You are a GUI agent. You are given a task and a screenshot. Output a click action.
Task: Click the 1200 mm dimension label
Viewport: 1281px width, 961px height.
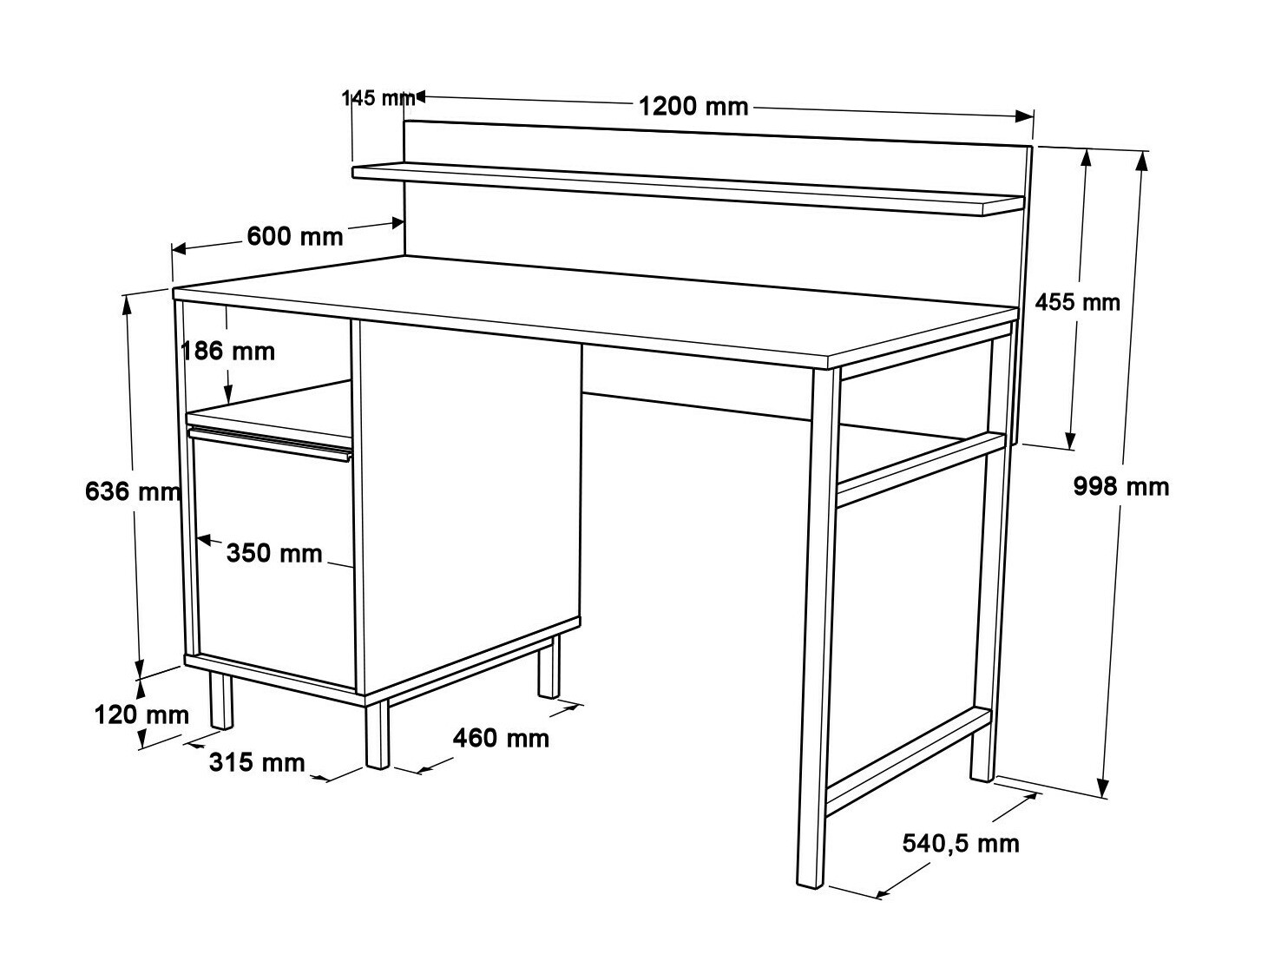(693, 106)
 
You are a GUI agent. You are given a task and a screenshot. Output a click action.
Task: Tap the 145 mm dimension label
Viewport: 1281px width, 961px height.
(378, 97)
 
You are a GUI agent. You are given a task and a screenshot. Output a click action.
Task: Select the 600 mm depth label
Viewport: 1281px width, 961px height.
(295, 236)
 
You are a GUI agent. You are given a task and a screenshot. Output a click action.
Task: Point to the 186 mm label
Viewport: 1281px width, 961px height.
(228, 351)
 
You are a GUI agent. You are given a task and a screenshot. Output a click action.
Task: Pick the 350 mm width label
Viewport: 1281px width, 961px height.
(274, 553)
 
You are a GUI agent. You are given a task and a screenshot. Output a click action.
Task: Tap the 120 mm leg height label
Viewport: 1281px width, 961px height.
(141, 714)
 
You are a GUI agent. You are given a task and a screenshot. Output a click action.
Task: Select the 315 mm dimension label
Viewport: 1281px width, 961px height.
(257, 762)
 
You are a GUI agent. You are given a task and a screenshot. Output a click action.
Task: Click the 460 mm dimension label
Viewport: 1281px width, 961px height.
(501, 738)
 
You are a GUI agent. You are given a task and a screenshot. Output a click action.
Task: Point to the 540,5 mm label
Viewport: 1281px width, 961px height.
(961, 842)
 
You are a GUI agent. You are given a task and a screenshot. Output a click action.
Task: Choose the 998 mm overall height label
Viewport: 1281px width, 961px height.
(1121, 486)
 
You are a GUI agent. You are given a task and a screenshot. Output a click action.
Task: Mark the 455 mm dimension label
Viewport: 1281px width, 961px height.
(1077, 302)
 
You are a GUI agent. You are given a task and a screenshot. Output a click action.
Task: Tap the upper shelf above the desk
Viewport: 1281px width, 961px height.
(686, 188)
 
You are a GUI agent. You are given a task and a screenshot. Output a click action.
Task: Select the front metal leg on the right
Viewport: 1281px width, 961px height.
(818, 625)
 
